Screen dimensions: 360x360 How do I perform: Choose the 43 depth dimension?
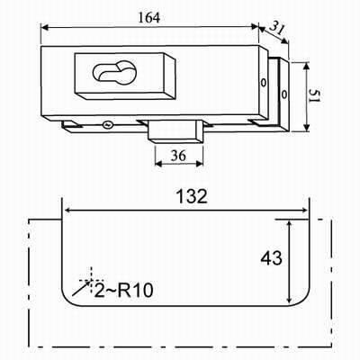coord(270,258)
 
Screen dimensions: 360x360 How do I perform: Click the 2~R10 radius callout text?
coord(123,289)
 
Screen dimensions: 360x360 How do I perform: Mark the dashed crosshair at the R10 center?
coord(91,277)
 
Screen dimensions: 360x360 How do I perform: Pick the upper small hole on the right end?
coord(263,85)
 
